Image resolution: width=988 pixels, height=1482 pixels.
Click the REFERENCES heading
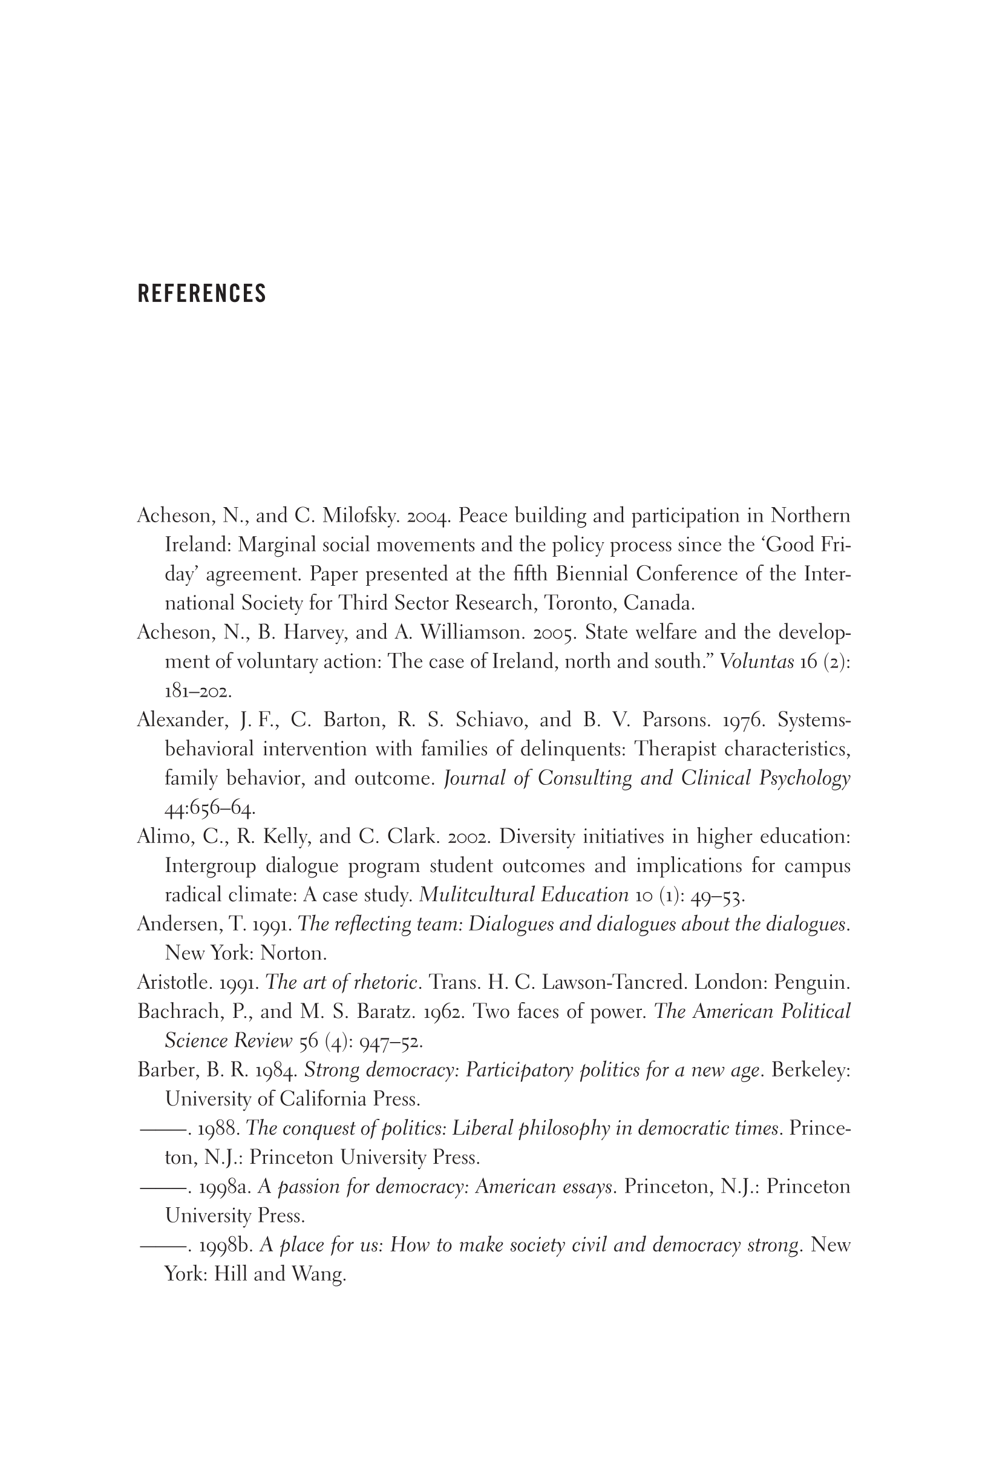(x=201, y=293)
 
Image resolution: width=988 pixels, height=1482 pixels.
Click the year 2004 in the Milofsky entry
(x=428, y=516)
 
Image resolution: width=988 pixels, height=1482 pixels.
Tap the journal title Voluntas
(x=756, y=661)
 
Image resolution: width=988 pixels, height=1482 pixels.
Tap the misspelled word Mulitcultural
(x=469, y=895)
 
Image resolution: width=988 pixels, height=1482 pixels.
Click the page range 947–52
(x=391, y=1041)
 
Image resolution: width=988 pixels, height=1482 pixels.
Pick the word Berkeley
(x=810, y=1070)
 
